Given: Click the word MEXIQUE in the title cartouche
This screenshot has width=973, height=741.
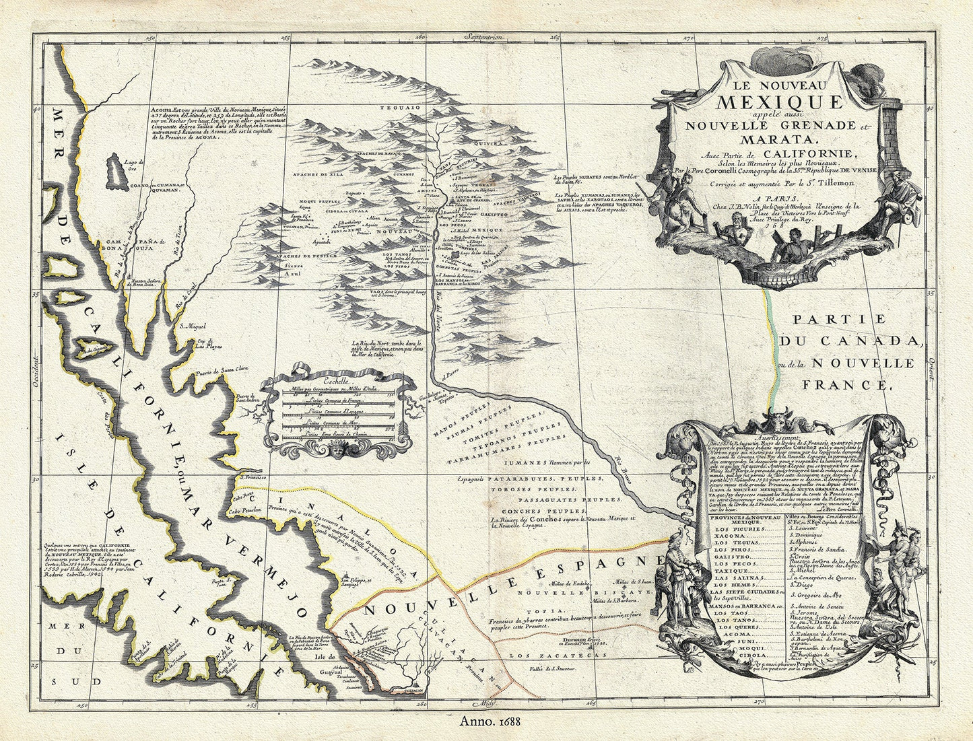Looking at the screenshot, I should click(x=779, y=102).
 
